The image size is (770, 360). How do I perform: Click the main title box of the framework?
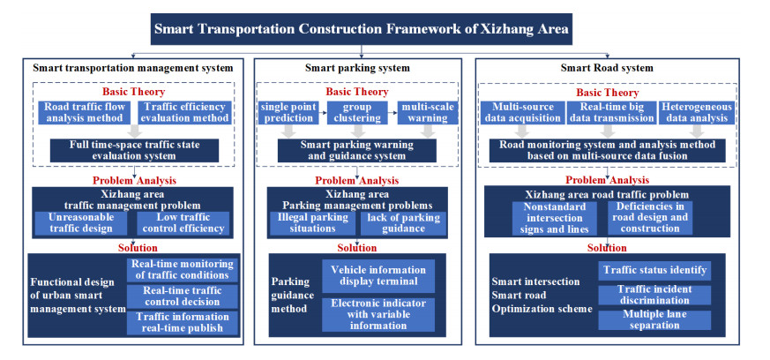coord(362,28)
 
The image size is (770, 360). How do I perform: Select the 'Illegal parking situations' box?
coord(311,223)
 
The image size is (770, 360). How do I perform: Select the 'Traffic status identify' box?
coord(654,269)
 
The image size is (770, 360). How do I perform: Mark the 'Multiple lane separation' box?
coord(654,319)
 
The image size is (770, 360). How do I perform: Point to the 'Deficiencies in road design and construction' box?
coord(651,217)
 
